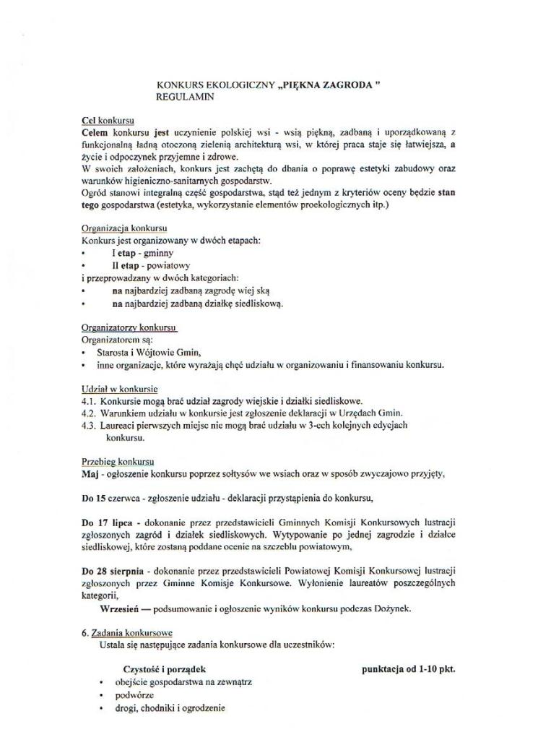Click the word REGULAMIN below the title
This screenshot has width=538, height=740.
185,95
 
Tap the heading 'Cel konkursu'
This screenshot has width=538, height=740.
108,120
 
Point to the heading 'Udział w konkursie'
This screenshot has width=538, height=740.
120,389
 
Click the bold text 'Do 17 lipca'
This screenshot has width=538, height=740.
108,522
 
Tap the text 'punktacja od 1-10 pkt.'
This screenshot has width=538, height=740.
408,668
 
